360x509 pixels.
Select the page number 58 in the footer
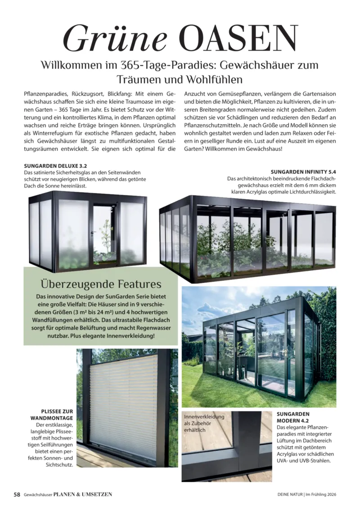[17, 494]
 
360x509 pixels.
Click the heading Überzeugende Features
[101, 284]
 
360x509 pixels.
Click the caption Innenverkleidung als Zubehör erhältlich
[204, 423]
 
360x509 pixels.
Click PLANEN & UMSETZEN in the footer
[82, 494]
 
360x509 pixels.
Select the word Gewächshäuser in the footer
[38, 495]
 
